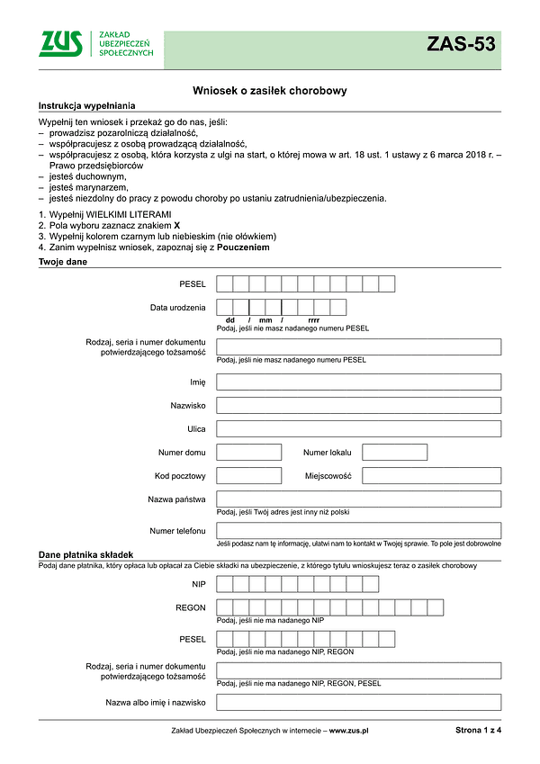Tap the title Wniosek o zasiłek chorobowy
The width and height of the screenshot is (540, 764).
click(270, 91)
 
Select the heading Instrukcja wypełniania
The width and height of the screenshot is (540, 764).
click(80, 106)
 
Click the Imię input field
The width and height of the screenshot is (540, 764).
click(358, 382)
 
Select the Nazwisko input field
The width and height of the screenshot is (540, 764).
click(358, 406)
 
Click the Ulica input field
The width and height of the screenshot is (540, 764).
click(358, 429)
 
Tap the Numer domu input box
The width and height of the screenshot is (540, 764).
click(249, 453)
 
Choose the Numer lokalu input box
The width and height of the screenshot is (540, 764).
click(394, 453)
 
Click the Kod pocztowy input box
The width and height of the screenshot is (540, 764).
click(249, 476)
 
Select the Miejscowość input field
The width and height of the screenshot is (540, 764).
click(432, 476)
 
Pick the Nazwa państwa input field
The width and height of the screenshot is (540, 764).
click(358, 499)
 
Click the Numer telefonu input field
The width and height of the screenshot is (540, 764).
click(358, 531)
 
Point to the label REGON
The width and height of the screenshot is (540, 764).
click(191, 608)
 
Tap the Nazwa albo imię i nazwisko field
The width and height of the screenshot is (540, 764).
click(358, 702)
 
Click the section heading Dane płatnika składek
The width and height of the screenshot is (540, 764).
click(85, 555)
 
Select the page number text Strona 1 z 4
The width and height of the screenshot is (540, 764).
click(479, 732)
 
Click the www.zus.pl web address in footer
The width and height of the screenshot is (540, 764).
click(350, 732)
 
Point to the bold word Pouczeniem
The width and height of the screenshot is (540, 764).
click(243, 247)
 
